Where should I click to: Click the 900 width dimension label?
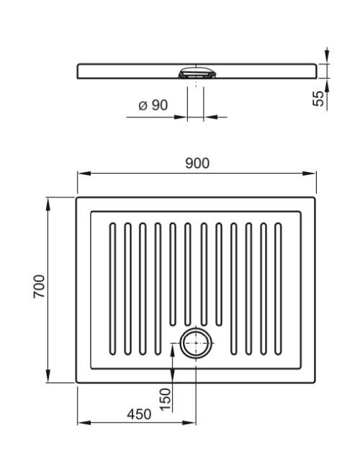coord(197,163)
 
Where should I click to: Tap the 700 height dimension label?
coord(39,287)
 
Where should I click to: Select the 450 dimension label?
coord(139,414)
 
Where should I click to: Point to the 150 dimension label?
coord(166,399)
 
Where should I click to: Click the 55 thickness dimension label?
coord(318,99)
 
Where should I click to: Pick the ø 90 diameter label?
coord(153,105)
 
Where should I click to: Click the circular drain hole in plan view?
coord(196,343)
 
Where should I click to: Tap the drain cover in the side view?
coord(197,73)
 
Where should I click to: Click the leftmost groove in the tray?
coord(112,289)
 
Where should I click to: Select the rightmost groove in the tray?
coord(278,289)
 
